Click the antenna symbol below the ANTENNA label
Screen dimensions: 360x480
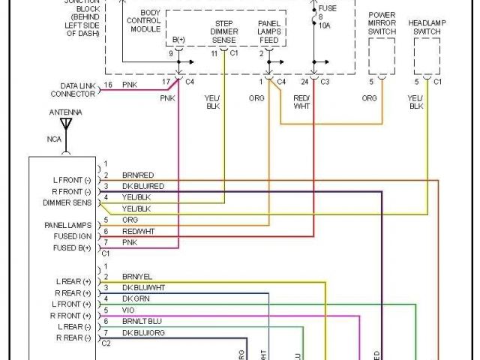(65, 123)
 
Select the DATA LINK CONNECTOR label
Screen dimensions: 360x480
(73, 90)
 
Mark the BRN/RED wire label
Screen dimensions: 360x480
(138, 175)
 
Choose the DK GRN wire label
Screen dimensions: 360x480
(136, 299)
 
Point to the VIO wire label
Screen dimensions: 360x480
(128, 310)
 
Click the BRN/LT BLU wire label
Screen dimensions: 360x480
(142, 321)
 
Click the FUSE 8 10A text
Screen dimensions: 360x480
(327, 16)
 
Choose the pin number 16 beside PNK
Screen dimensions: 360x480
(107, 85)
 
